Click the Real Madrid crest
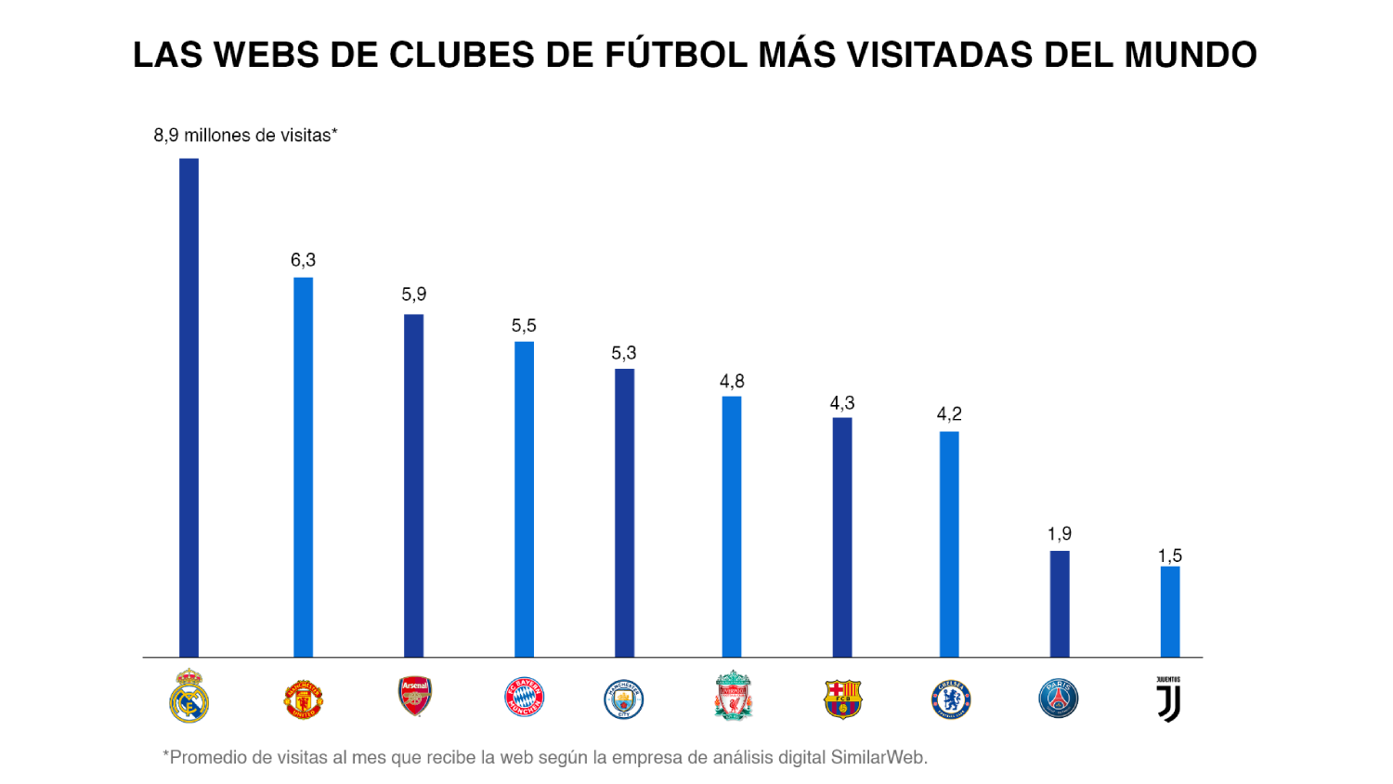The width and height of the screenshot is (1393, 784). coord(189,696)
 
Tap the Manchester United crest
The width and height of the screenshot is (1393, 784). coord(303,699)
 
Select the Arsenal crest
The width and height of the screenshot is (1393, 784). coord(414,696)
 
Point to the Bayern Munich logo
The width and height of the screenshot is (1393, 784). coord(524,697)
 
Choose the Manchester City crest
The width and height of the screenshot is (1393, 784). coord(624,699)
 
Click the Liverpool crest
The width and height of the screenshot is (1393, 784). coord(733,695)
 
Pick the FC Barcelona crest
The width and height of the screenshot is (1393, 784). coord(842,699)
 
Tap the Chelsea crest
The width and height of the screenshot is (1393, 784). coord(950,699)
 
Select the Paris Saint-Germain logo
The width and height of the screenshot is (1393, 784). coord(1059,699)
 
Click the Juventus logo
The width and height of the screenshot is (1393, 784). coord(1169,699)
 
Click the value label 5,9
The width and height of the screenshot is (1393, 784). coord(414,294)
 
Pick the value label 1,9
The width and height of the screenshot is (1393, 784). coord(1060,534)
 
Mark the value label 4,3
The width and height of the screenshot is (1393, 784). coord(842,403)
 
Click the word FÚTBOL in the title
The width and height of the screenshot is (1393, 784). coord(676,55)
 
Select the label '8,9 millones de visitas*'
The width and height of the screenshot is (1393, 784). coord(245,136)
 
